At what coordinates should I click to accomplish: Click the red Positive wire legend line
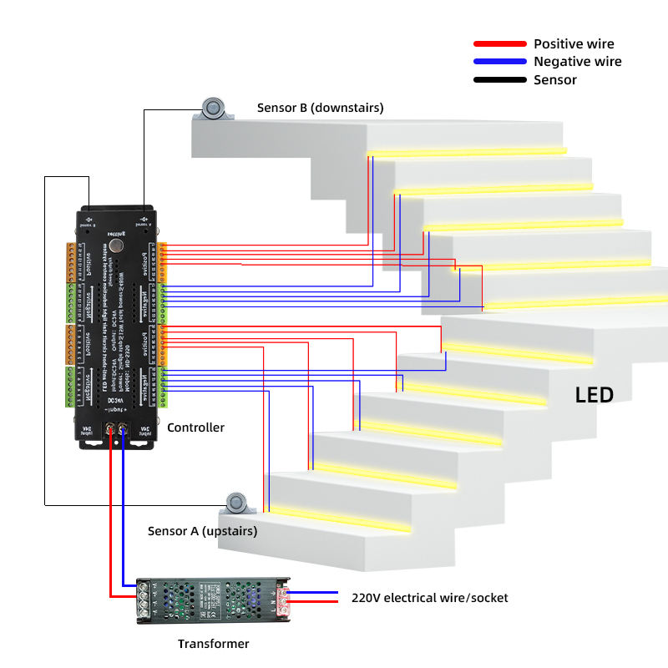pos(498,43)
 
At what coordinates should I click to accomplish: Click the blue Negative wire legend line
pos(498,62)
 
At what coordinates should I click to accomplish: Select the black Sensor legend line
pos(498,80)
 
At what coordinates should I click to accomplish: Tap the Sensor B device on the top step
pos(215,108)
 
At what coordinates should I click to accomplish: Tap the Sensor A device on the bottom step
pos(239,504)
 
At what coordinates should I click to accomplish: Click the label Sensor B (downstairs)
pos(320,108)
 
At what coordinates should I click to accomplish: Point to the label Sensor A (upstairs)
pos(202,531)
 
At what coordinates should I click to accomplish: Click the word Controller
pos(195,428)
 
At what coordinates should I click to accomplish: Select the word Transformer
pos(213,644)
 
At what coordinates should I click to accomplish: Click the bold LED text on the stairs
pos(594,395)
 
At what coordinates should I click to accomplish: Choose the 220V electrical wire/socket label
pos(429,598)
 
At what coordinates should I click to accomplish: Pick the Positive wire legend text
pos(574,43)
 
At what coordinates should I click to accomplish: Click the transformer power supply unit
pos(213,600)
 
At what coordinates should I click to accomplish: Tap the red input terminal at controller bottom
pos(109,432)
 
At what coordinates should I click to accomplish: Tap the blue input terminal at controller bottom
pos(124,432)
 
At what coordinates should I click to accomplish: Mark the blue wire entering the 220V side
pos(313,602)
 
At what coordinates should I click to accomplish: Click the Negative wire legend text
pos(577,62)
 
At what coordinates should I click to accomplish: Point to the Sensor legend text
pos(555,80)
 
